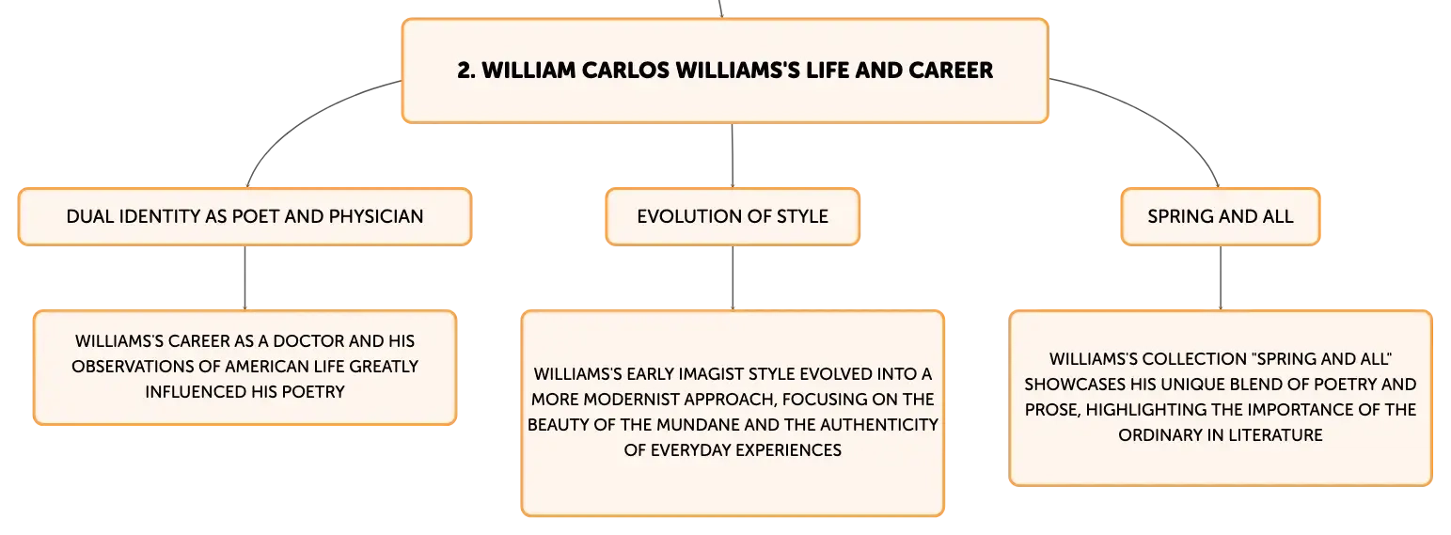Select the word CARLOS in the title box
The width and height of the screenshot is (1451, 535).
[x=625, y=71]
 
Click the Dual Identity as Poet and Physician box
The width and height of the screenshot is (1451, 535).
[x=244, y=217]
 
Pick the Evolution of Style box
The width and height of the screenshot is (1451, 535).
[x=733, y=217]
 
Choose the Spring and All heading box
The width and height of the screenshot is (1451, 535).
[x=1221, y=217]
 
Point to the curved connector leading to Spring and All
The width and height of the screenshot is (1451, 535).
[x=1159, y=117]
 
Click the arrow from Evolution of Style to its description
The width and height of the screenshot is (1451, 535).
[x=733, y=278]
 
